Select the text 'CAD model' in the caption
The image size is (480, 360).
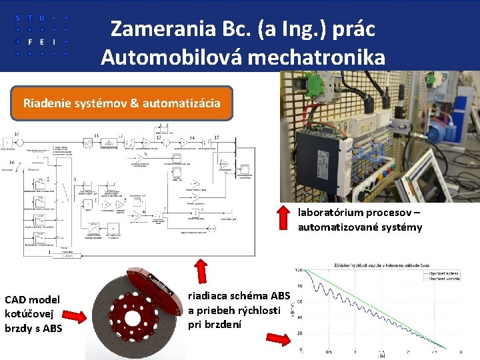point(32,300)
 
